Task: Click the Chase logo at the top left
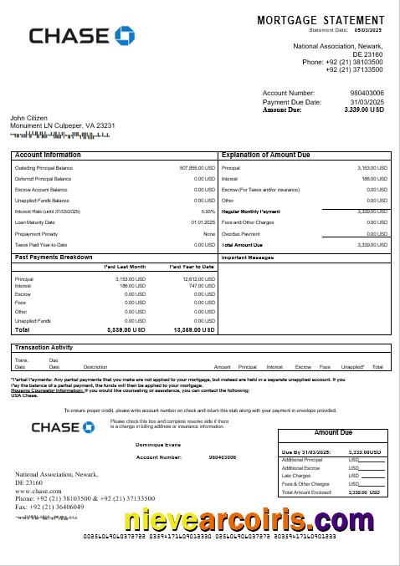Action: tap(81, 35)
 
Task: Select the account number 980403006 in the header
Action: tap(367, 93)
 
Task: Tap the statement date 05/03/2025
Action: tap(372, 29)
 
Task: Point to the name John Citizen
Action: tap(28, 118)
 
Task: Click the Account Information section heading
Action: tap(48, 155)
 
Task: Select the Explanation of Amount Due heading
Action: tap(265, 155)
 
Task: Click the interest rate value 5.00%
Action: tap(208, 212)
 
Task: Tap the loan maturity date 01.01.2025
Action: tap(203, 222)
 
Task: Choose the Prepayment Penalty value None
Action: tap(209, 233)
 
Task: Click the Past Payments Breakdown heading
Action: tap(54, 257)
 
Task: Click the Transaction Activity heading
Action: tap(44, 347)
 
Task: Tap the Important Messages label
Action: tap(248, 258)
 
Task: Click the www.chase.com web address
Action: tap(38, 491)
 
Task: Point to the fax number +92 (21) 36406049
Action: tap(54, 507)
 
